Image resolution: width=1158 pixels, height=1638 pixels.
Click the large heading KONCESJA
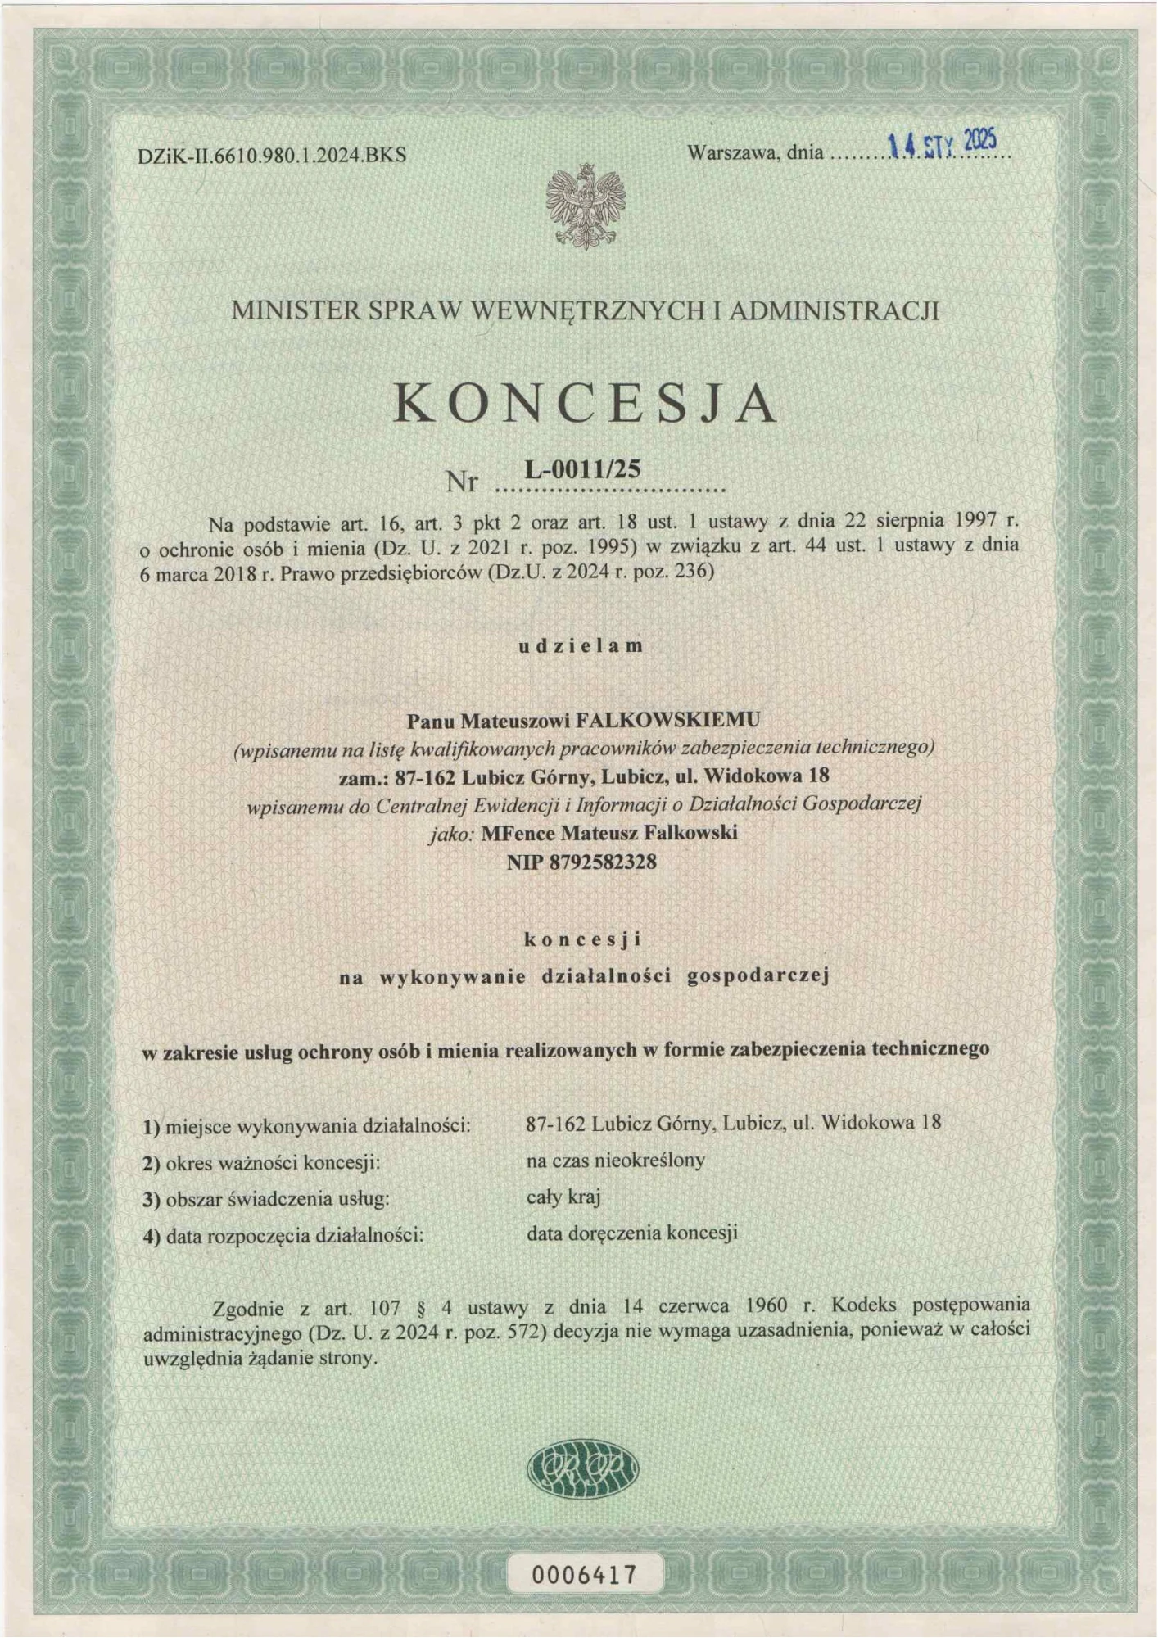coord(585,404)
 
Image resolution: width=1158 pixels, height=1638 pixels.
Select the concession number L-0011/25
coord(582,468)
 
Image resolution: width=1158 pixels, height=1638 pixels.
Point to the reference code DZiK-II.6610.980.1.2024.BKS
coord(273,155)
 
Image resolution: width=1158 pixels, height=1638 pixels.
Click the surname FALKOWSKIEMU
coord(669,720)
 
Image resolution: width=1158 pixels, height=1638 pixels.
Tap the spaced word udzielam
coord(581,645)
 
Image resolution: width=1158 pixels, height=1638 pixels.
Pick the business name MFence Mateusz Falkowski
coord(609,833)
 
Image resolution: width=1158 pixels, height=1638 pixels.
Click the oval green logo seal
coord(582,1468)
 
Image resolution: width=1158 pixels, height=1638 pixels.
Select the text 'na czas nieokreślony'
coord(615,1161)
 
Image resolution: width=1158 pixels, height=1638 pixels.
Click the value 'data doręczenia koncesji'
coord(632,1233)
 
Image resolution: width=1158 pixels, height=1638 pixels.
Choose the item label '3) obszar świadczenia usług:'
coord(266,1200)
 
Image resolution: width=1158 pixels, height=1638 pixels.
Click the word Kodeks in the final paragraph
coord(869,1305)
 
